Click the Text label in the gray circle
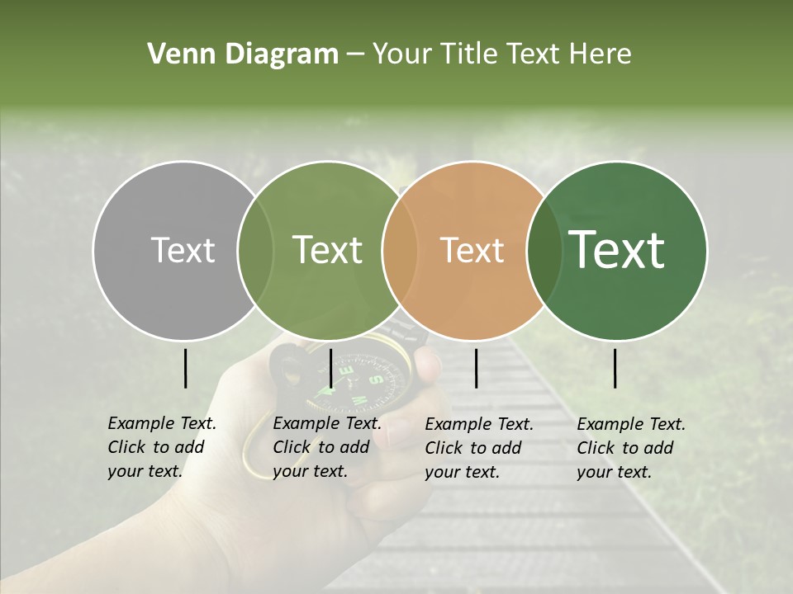183,250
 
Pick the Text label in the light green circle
327,250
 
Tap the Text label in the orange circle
472,250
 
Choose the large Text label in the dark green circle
616,250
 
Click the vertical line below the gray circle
186,368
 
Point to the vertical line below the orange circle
476,368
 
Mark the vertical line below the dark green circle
615,368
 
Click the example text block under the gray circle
161,447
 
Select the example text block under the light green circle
326,447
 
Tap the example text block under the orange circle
478,448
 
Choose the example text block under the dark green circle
630,448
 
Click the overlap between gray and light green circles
255,250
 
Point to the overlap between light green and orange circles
399,250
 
